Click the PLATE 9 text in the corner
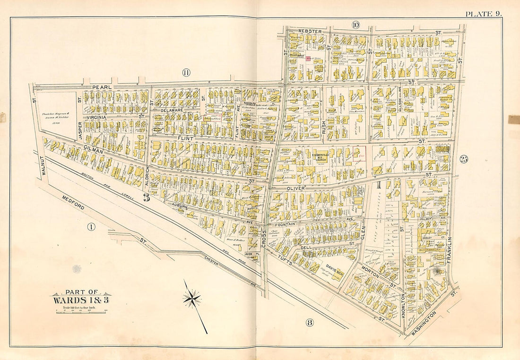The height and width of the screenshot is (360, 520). click(x=483, y=13)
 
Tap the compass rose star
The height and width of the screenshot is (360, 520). click(x=192, y=299)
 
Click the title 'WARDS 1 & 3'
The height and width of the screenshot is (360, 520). click(x=81, y=300)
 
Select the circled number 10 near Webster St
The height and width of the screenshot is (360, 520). click(x=355, y=25)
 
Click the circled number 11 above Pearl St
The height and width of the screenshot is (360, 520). click(x=186, y=72)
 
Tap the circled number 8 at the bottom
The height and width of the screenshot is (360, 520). click(x=309, y=323)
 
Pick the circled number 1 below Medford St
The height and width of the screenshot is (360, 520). click(x=91, y=227)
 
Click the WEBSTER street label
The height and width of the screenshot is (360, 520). click(x=310, y=31)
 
